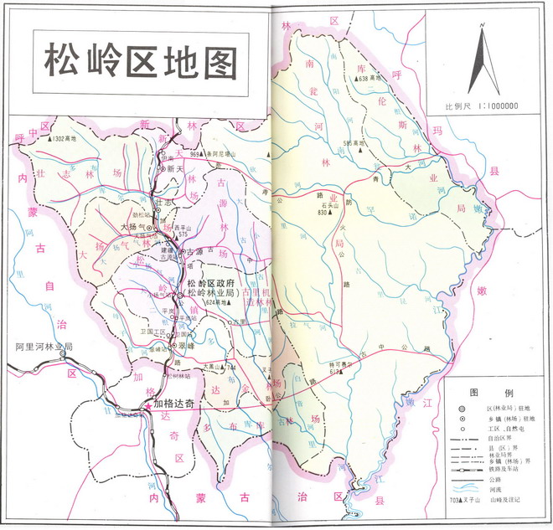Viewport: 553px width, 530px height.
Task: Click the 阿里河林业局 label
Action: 45,345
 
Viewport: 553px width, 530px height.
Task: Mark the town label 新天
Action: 175,168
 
